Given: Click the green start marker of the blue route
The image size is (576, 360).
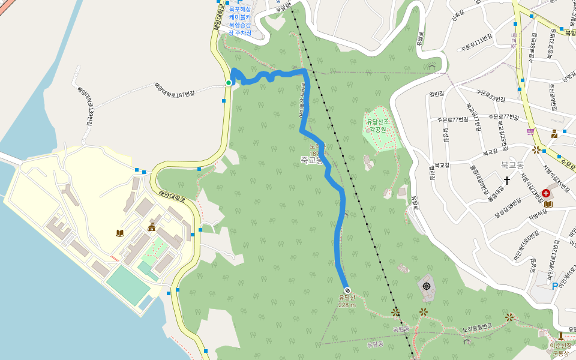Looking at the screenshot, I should pos(229,83).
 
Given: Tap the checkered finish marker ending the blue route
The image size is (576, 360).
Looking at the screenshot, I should pos(347,291).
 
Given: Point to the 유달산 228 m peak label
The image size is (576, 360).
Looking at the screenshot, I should pos(347,301).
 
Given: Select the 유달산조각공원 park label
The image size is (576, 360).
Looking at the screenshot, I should pos(378,125).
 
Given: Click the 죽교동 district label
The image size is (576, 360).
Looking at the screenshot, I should pos(312,160).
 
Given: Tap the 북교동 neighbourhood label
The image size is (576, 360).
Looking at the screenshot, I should pos(513,163).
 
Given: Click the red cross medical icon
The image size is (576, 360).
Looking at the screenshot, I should pos(546,193).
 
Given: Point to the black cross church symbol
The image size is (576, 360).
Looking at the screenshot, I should pos(507,179).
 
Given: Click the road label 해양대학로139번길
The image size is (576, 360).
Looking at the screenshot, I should pos(85,104).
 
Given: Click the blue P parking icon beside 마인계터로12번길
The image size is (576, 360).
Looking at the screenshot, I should pos(555,286).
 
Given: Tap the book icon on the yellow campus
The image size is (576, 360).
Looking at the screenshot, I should pos(120,233).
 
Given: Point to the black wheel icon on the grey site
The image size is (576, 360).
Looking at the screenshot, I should pos(427,286).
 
